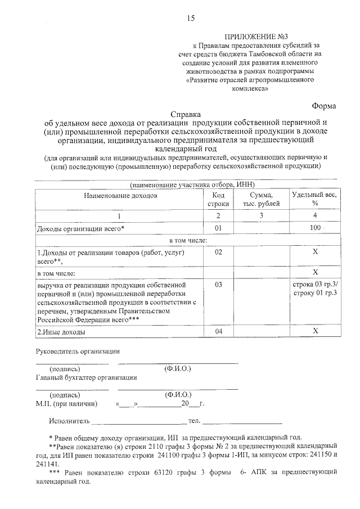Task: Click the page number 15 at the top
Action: click(191, 19)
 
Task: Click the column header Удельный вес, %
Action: click(314, 199)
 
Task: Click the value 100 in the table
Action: click(314, 228)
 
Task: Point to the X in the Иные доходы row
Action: click(314, 332)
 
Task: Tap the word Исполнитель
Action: click(69, 420)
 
